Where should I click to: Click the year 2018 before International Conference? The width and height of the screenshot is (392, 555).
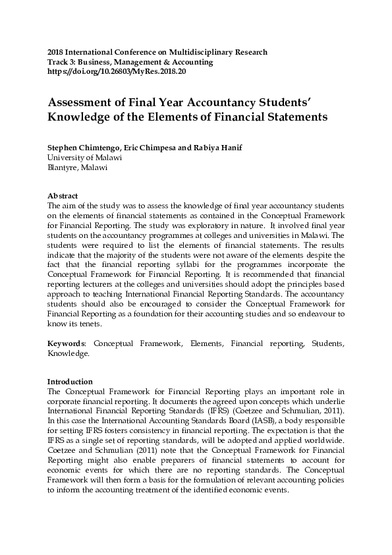point(56,52)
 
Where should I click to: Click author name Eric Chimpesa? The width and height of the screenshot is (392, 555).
point(148,148)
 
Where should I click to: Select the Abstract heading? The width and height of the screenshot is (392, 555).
point(63,196)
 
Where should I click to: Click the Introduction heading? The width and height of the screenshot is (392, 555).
point(70,382)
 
